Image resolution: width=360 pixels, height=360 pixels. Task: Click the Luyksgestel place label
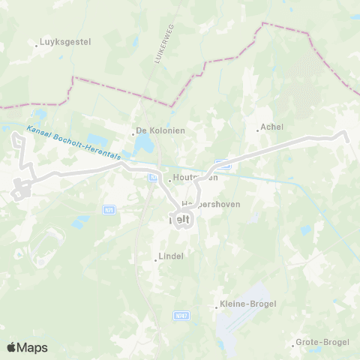[65, 43]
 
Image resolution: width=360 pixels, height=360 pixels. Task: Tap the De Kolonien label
[161, 130]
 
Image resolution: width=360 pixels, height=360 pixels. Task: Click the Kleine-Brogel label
[247, 304]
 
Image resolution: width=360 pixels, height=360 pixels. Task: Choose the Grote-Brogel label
[323, 342]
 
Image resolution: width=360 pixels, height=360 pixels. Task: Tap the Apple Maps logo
[27, 347]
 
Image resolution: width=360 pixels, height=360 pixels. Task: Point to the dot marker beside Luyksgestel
[37, 44]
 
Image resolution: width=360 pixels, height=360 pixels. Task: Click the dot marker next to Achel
[258, 130]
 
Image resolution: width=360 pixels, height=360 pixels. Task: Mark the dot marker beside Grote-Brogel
[293, 345]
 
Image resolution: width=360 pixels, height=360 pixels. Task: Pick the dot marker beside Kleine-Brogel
[215, 306]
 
